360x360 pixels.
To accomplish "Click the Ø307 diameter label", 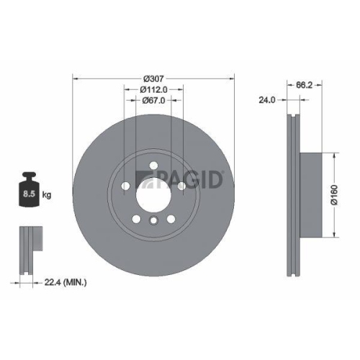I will coord(153,78).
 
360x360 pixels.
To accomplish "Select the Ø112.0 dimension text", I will coord(153,89).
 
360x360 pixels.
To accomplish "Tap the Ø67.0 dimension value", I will coord(153,101).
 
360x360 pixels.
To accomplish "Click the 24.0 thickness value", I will coord(266,100).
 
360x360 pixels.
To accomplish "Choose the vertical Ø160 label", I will coord(335,196).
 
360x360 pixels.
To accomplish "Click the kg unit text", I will coord(47,194).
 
